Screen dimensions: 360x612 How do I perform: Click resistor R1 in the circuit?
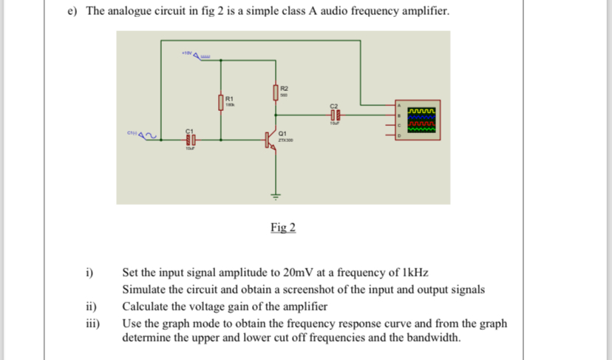tap(221, 102)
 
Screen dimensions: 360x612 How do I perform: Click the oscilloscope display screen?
tap(419, 120)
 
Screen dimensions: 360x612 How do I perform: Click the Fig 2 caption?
tap(282, 227)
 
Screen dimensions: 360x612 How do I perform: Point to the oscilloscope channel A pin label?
tap(400, 107)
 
